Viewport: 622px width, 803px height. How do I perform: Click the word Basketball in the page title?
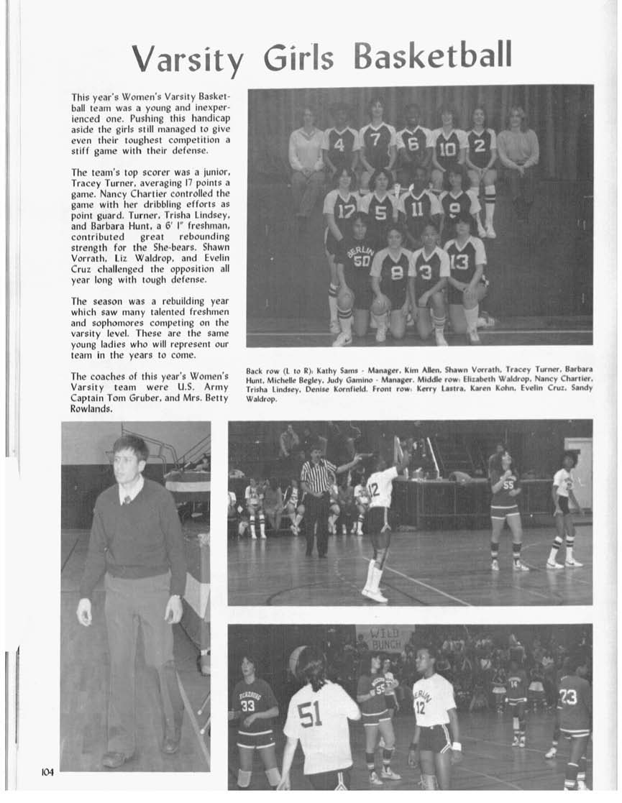(x=432, y=55)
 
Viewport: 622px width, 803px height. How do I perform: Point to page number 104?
(x=47, y=772)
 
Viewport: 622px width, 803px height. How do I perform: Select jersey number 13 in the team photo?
(x=459, y=262)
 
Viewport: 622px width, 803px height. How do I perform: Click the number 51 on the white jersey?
(x=309, y=715)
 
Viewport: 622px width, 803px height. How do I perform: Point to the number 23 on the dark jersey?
(x=568, y=696)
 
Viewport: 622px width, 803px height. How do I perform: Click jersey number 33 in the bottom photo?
(x=248, y=705)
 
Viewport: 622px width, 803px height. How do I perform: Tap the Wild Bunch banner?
(x=385, y=638)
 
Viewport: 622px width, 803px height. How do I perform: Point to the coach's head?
(x=129, y=458)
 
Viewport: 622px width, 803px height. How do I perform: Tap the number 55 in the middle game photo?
(x=508, y=485)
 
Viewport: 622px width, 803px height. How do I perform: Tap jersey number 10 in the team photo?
(x=447, y=148)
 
